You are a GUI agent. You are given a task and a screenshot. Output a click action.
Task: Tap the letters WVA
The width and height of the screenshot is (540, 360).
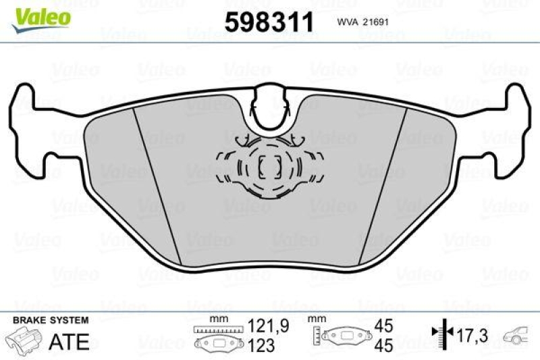347,22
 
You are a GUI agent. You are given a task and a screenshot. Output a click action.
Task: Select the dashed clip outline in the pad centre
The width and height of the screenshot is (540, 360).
271,165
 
